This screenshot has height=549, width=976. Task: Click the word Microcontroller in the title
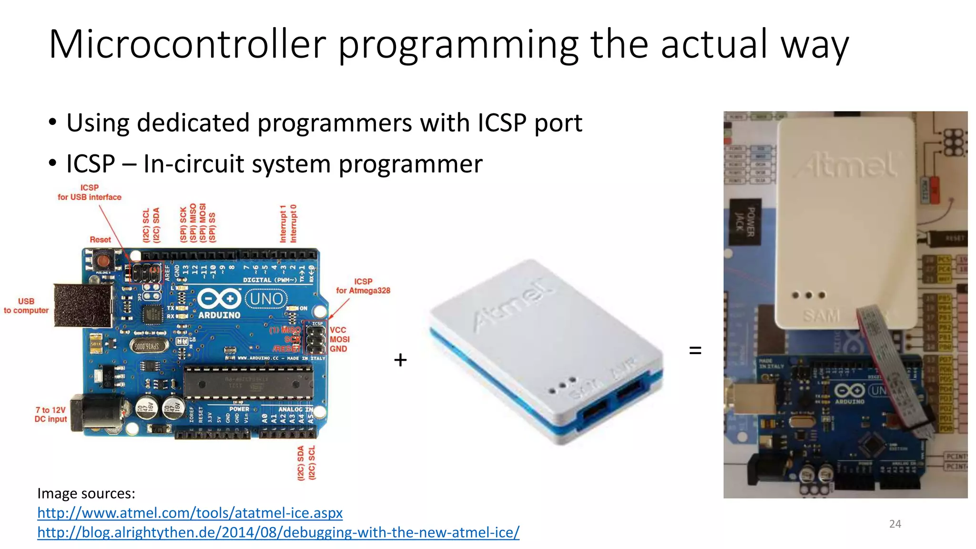[x=187, y=44]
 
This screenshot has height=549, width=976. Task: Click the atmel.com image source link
[x=190, y=513]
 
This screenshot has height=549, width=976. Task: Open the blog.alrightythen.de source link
[x=278, y=532]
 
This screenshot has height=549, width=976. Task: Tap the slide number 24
[x=895, y=524]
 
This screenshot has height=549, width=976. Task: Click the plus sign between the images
[x=400, y=360]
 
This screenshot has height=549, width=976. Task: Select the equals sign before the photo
[x=695, y=351]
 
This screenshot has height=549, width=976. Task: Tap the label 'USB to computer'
[x=26, y=305]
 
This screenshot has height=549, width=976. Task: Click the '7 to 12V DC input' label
[x=51, y=414]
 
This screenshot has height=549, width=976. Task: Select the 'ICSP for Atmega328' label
[x=363, y=286]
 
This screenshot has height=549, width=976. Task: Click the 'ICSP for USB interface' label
[x=90, y=193]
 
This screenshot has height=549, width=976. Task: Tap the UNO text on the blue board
[x=266, y=299]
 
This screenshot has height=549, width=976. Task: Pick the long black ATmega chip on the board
[x=248, y=382]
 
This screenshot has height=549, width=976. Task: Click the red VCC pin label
[x=338, y=330]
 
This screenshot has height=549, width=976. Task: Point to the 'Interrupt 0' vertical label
[x=294, y=224]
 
